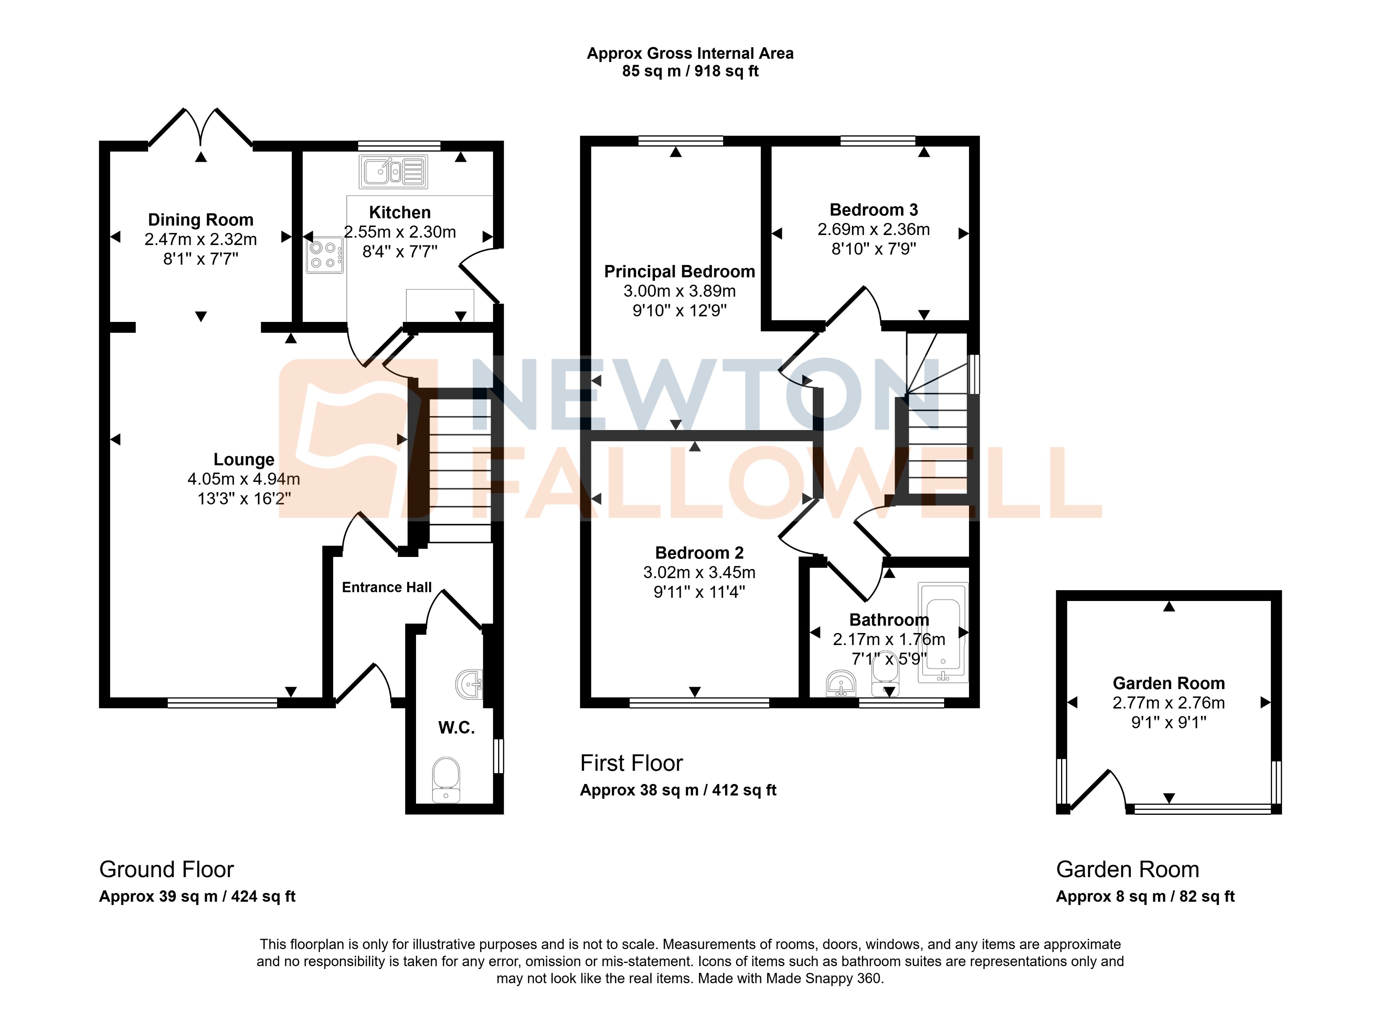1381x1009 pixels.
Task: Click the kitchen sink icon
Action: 393,171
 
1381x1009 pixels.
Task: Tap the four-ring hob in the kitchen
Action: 324,255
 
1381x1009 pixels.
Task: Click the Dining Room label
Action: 200,220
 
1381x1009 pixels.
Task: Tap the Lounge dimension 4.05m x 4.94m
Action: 244,479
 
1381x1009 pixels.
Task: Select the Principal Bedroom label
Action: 679,272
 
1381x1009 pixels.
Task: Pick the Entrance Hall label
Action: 387,587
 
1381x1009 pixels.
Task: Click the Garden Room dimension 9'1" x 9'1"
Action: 1168,723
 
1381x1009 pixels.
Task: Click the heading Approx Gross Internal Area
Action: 690,54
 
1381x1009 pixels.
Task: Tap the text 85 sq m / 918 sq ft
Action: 690,71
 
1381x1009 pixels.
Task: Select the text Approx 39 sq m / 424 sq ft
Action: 197,896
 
